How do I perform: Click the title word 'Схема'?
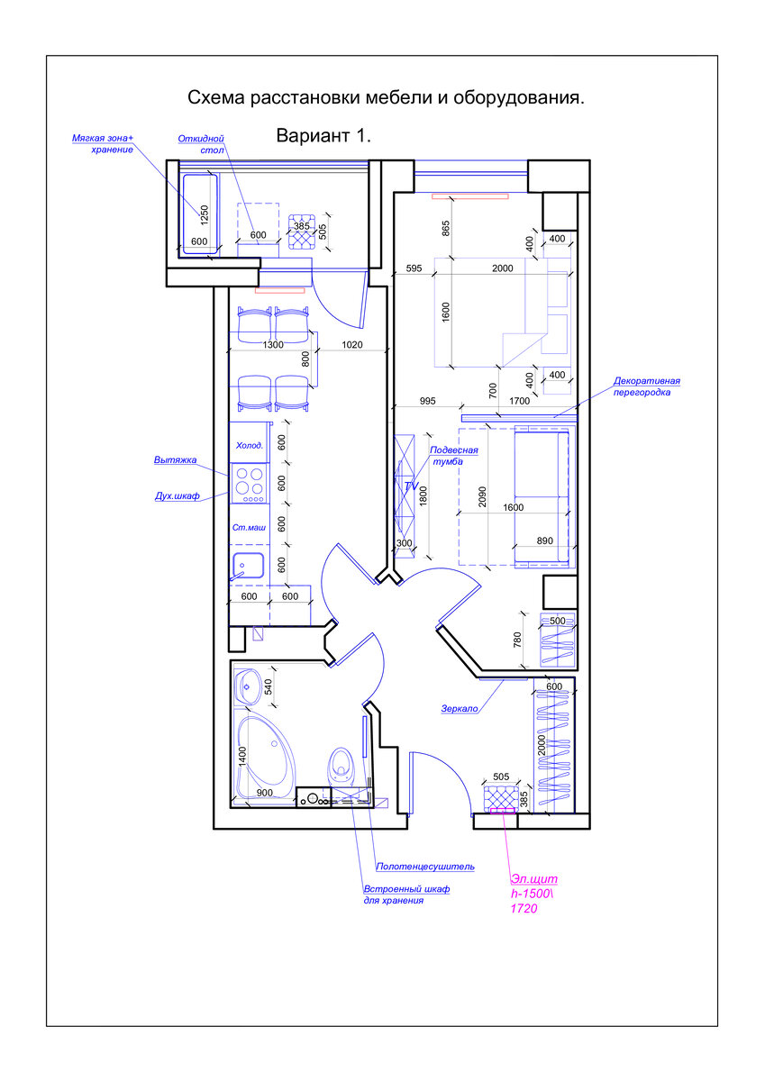[x=216, y=97]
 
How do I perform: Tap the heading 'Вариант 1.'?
[x=323, y=136]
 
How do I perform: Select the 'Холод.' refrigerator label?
[x=250, y=445]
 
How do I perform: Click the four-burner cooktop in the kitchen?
[x=249, y=483]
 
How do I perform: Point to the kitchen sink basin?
[x=248, y=566]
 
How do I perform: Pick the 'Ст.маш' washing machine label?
[x=249, y=528]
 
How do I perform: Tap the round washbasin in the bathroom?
[x=248, y=686]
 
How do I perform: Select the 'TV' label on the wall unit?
[x=411, y=486]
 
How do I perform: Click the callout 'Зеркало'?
[x=460, y=708]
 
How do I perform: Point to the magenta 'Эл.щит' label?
[x=533, y=878]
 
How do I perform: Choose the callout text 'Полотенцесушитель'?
[x=425, y=867]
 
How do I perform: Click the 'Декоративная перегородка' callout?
[x=647, y=386]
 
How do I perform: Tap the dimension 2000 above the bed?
[x=503, y=268]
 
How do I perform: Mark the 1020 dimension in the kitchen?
[x=351, y=344]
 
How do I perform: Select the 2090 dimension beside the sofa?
[x=482, y=496]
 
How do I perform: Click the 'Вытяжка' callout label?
[x=175, y=460]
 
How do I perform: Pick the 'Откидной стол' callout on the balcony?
[x=201, y=144]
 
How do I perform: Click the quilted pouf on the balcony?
[x=302, y=232]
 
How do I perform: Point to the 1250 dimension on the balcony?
[x=205, y=215]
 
